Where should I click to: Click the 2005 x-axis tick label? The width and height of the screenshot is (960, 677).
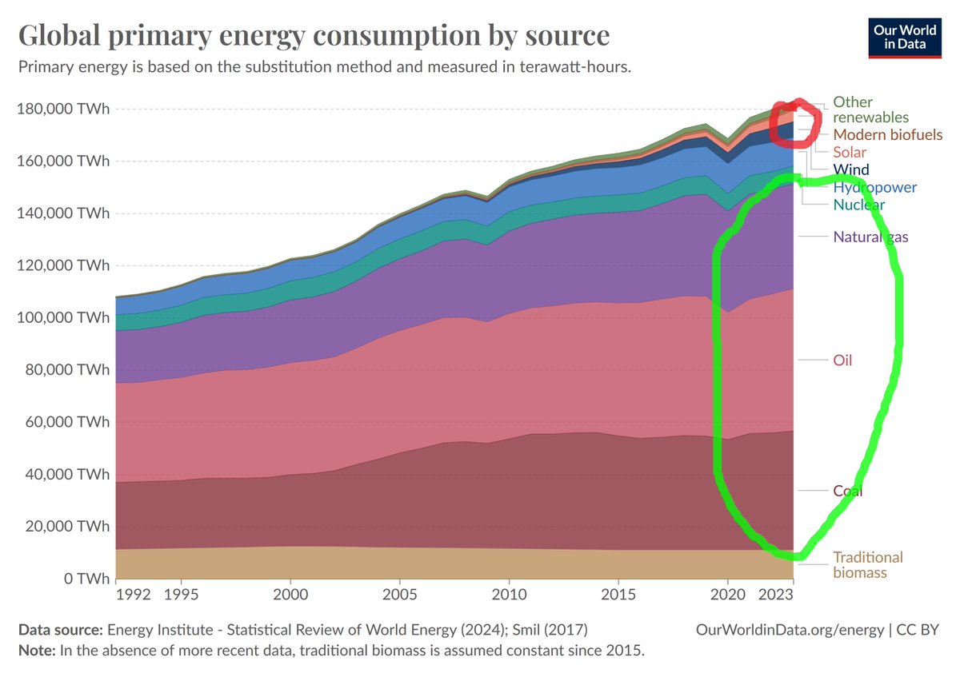click(x=398, y=595)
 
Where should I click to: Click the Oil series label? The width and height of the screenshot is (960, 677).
click(x=842, y=360)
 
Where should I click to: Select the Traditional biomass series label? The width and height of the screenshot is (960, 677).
click(x=867, y=564)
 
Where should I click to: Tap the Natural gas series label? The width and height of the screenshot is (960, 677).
click(x=870, y=237)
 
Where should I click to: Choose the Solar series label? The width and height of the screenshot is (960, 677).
click(x=850, y=152)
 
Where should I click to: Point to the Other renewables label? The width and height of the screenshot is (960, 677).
click(x=864, y=110)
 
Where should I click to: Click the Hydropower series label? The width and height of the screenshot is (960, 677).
click(x=874, y=188)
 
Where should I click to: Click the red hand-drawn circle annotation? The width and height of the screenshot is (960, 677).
click(x=794, y=121)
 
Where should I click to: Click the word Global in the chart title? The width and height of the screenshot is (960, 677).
click(x=67, y=36)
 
